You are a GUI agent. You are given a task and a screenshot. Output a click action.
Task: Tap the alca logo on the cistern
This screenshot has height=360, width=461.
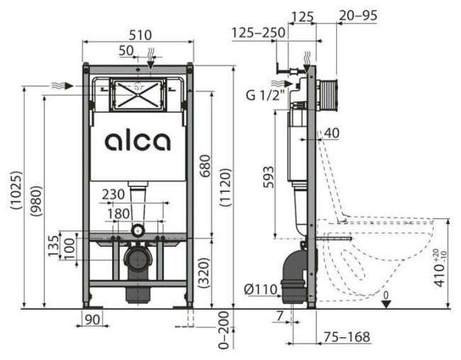point(138,140)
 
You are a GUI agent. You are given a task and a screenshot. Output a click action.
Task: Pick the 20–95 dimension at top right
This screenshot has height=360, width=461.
point(359,14)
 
